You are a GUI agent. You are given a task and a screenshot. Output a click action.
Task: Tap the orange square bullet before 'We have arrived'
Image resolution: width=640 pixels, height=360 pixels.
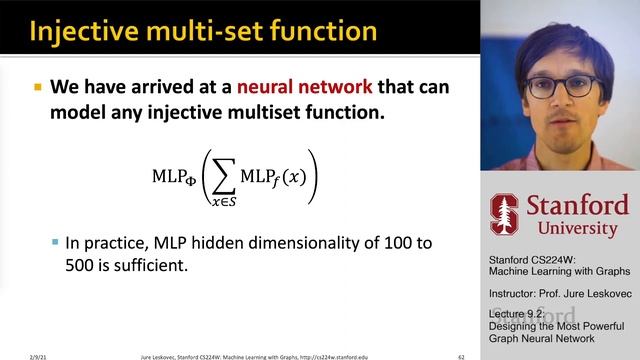[x=37, y=88]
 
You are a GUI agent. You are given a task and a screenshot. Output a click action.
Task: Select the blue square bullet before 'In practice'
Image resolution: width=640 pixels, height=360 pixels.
[x=55, y=243]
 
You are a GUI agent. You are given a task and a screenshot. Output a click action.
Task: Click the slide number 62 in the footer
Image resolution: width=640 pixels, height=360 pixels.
[x=461, y=354]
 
